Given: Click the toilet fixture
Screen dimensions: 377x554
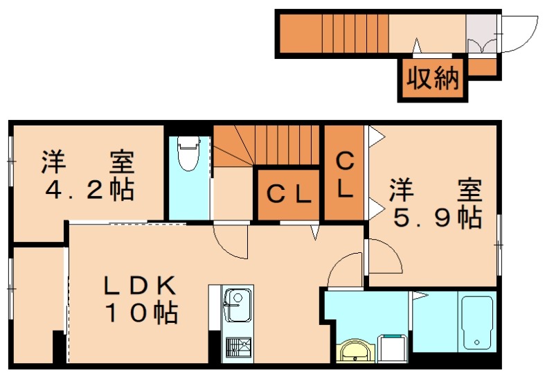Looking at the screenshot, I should tap(188, 154).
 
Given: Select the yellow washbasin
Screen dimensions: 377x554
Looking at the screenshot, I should tap(357, 352).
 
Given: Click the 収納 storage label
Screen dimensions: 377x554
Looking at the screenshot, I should tap(433, 79).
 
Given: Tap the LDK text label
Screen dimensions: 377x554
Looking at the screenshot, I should tap(142, 285).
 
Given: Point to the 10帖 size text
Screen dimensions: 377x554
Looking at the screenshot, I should tap(142, 313).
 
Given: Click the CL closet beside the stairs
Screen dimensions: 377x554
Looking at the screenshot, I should tap(288, 195).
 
